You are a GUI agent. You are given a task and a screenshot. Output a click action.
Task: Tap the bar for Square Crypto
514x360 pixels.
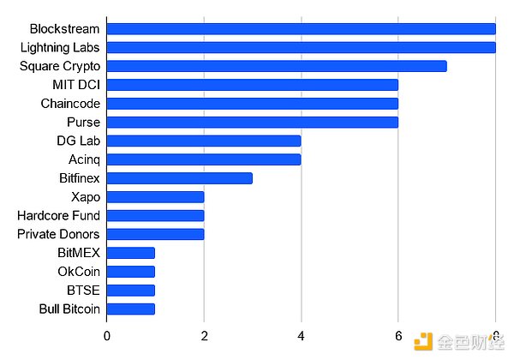pos(277,66)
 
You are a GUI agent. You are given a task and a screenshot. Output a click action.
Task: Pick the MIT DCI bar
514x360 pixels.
pos(253,85)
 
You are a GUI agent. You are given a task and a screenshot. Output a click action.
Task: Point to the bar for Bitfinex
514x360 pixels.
pos(180,178)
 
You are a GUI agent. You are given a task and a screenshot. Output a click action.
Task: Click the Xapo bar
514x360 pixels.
pos(156,197)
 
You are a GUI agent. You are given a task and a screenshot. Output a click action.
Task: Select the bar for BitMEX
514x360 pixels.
pos(131,253)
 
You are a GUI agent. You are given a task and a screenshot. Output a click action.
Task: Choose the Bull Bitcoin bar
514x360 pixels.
pos(131,309)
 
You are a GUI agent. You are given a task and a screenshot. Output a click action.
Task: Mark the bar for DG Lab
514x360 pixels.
pos(204,141)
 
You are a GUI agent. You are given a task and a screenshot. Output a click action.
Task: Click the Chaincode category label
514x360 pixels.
pos(70,104)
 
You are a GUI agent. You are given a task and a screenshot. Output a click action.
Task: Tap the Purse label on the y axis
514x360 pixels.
pos(83,123)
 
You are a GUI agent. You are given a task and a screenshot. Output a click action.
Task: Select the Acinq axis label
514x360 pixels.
pos(84,159)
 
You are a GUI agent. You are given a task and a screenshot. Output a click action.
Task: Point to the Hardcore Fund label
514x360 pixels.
pos(58,216)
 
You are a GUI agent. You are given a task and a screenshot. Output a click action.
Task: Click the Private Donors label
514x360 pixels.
pos(58,234)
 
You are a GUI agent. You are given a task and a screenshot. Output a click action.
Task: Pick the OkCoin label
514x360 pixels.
pos(77,272)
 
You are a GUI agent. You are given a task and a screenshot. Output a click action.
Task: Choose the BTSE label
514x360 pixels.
pos(83,291)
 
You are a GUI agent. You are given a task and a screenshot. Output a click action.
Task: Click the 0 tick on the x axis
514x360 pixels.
pos(107,334)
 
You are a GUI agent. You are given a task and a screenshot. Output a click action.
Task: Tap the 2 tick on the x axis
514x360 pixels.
pos(204,334)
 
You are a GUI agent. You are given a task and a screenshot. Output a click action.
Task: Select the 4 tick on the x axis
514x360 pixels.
pos(301,334)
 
